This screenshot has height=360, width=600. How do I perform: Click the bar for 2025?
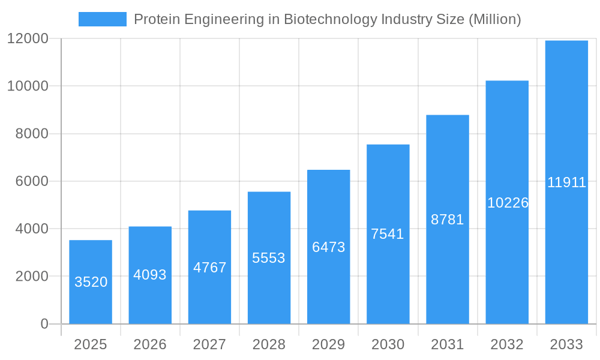[x=91, y=282]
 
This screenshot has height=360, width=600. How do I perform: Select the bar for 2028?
[x=269, y=258]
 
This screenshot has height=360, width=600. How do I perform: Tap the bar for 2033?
[x=566, y=182]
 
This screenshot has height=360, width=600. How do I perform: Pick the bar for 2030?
[x=388, y=234]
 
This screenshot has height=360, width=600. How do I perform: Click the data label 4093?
[x=150, y=275]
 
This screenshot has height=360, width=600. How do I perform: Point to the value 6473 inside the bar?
[x=328, y=247]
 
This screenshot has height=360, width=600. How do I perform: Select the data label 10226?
[x=508, y=203]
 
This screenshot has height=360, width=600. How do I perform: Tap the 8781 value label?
[x=448, y=220]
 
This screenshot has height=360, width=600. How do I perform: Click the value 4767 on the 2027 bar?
[x=209, y=268]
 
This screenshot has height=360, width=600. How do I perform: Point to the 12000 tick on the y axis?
[x=28, y=38]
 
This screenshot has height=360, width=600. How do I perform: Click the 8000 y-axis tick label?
[x=31, y=134]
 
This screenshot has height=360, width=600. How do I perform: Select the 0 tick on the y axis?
[x=44, y=324]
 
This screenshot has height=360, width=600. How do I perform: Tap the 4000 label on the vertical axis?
[x=31, y=229]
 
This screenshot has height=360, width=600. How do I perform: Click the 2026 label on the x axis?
[x=150, y=344]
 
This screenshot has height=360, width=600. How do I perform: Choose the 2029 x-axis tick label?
[x=328, y=344]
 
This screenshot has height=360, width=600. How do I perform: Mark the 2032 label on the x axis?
[x=507, y=344]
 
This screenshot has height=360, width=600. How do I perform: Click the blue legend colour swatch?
[x=103, y=19]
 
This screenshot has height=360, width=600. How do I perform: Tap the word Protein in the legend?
[x=155, y=19]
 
